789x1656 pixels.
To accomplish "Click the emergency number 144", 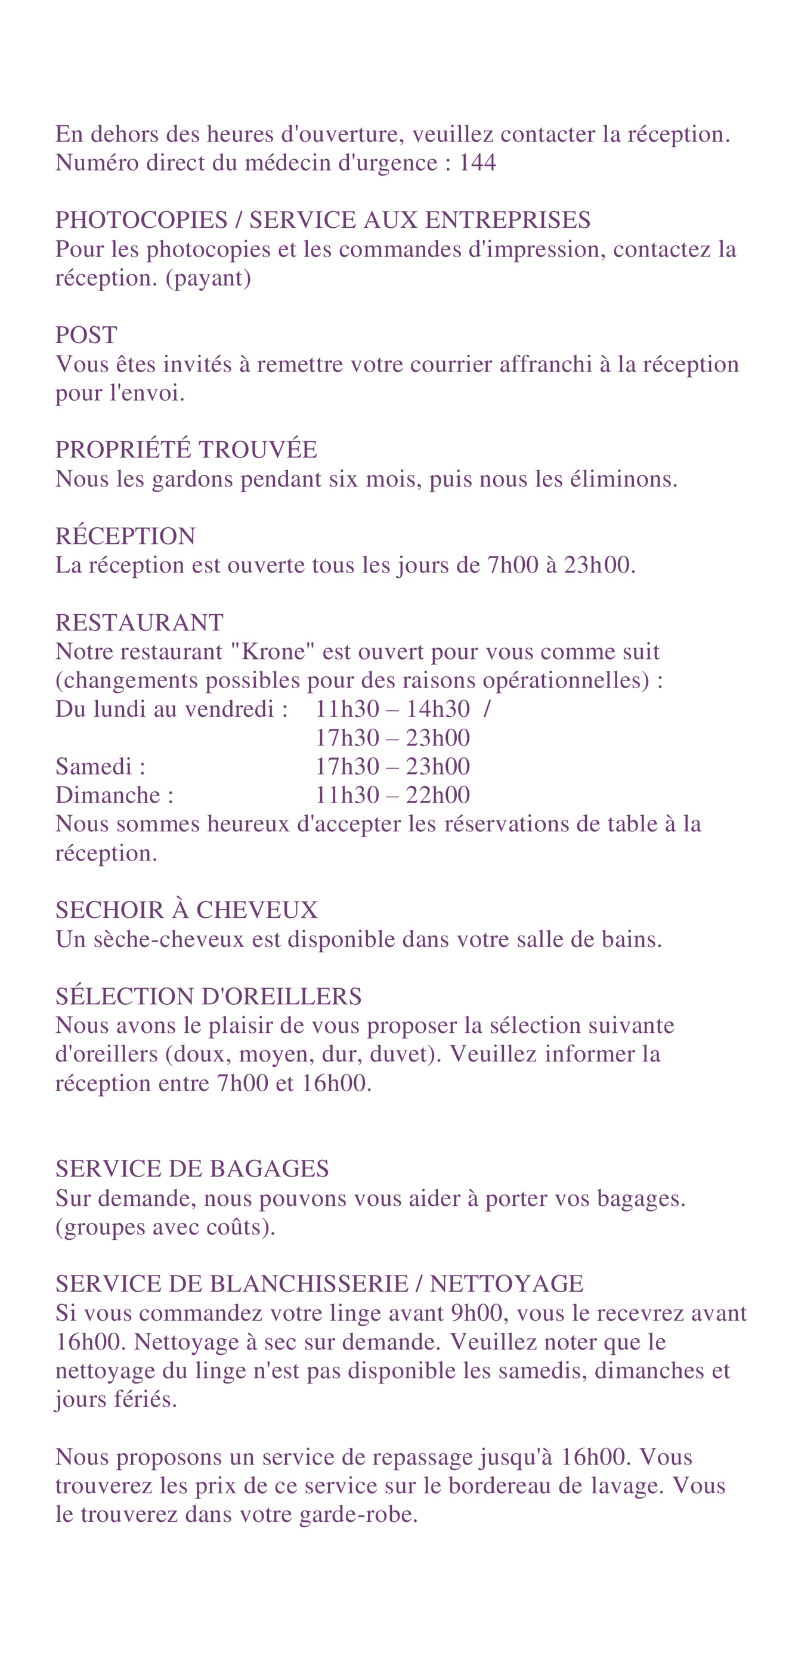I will click(x=477, y=163).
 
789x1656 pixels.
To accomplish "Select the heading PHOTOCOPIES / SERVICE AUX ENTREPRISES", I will click(x=323, y=221).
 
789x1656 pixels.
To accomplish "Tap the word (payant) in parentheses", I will click(x=208, y=278).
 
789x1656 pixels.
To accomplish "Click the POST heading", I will click(x=86, y=335).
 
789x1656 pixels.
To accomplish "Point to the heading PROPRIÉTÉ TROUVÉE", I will click(x=186, y=450).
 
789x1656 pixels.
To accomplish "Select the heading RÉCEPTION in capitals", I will click(x=125, y=536).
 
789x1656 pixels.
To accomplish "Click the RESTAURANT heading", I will click(x=140, y=623).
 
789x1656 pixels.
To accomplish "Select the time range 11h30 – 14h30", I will click(x=392, y=709).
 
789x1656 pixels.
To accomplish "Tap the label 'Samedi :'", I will click(x=100, y=766).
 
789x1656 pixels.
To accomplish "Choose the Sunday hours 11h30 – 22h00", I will click(x=392, y=796).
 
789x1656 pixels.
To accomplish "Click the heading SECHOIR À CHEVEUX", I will click(x=187, y=910).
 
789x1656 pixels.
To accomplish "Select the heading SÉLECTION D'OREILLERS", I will click(x=208, y=996).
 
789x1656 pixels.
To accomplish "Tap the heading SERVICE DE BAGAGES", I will click(x=192, y=1169).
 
